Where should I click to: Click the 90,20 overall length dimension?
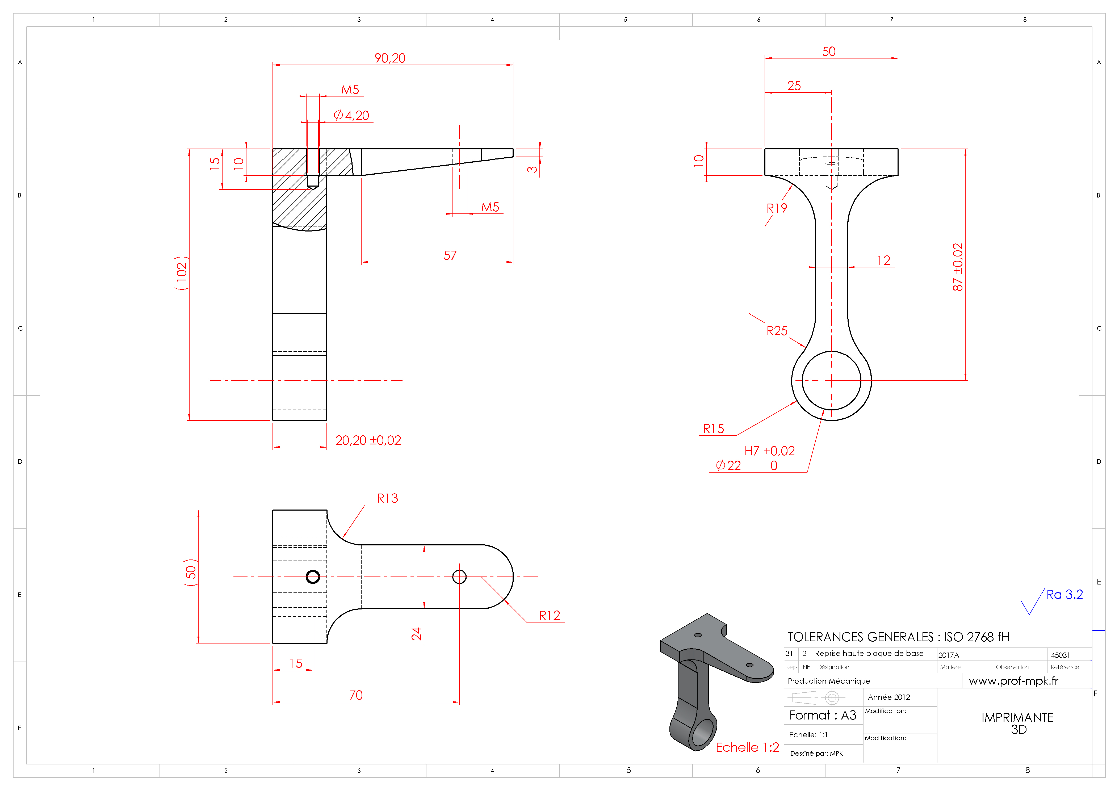390,58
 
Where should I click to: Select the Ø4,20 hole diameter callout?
351,116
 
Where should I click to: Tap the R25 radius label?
777,331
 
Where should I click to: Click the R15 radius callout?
714,429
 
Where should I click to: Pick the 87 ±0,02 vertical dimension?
958,267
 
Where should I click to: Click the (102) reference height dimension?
181,273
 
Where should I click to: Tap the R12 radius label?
549,616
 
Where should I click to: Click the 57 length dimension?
450,255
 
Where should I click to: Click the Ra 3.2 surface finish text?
1064,595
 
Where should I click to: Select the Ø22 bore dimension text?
728,465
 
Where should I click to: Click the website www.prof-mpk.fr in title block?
1014,681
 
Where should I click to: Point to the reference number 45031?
1061,655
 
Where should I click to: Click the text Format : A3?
823,716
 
